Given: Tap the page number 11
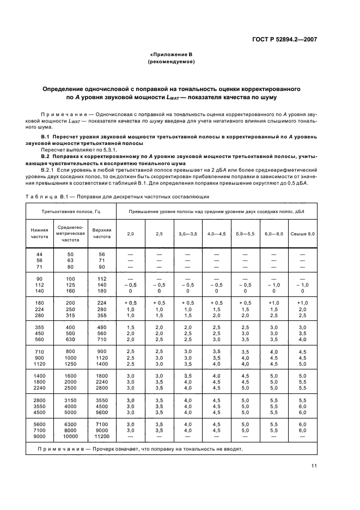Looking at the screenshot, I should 330,465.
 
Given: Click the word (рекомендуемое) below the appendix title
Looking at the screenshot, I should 172,62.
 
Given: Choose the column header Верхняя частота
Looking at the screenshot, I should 101,233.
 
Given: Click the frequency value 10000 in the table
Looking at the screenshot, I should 70,437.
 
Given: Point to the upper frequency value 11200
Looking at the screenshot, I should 101,437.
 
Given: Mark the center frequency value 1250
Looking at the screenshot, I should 70,363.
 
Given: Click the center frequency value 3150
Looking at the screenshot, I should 70,400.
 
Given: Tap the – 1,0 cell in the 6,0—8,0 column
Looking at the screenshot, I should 274,285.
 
